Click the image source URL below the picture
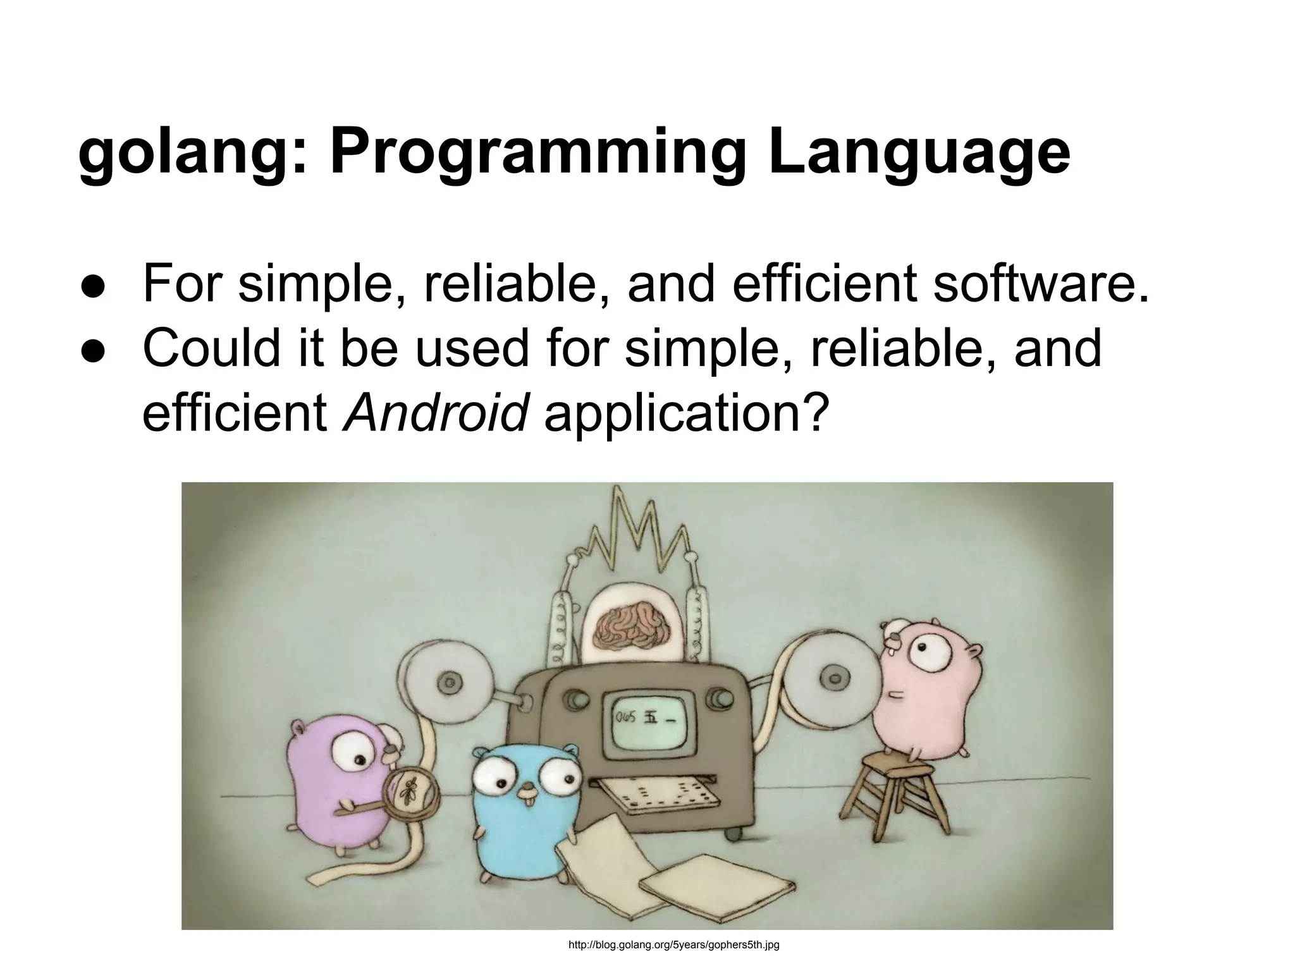[x=673, y=946]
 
